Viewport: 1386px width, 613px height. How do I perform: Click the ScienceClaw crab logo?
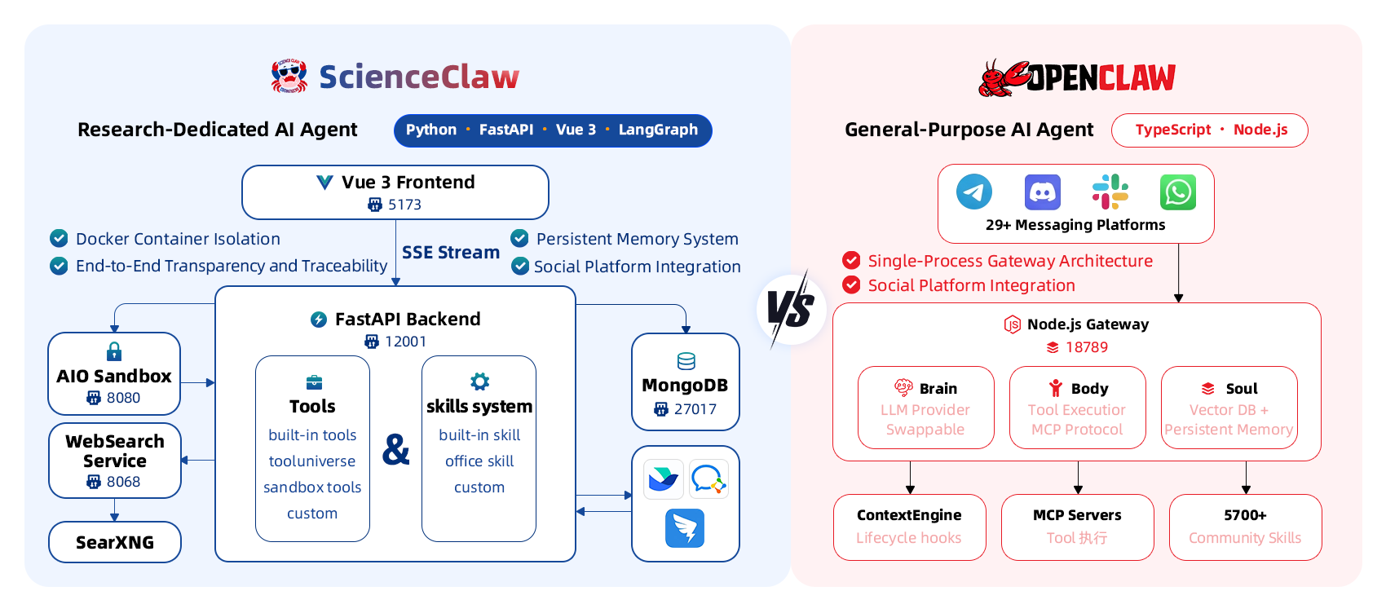289,76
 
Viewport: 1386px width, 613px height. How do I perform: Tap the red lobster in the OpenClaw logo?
1003,79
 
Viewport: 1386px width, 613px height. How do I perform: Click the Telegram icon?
974,192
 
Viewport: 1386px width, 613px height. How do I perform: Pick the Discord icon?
1043,192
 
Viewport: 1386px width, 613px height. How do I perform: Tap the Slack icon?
1110,192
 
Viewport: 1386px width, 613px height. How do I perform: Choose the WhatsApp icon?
1178,192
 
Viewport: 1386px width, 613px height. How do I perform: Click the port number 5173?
404,205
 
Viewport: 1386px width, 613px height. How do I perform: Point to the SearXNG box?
115,542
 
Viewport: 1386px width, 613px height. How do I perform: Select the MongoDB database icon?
686,361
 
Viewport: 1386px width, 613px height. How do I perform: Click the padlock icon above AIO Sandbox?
114,351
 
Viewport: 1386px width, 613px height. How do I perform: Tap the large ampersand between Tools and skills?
396,449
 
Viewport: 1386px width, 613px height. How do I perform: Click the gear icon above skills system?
479,381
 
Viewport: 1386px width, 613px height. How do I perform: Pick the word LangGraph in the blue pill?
658,130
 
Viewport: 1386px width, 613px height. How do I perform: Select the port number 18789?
1086,347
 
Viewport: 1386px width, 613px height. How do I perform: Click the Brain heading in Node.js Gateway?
938,389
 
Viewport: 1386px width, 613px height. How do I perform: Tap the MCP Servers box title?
1077,515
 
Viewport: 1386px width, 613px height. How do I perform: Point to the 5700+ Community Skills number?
1245,515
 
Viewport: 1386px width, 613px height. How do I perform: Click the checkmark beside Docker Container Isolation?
59,238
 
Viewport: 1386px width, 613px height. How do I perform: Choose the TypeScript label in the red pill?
1172,130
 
